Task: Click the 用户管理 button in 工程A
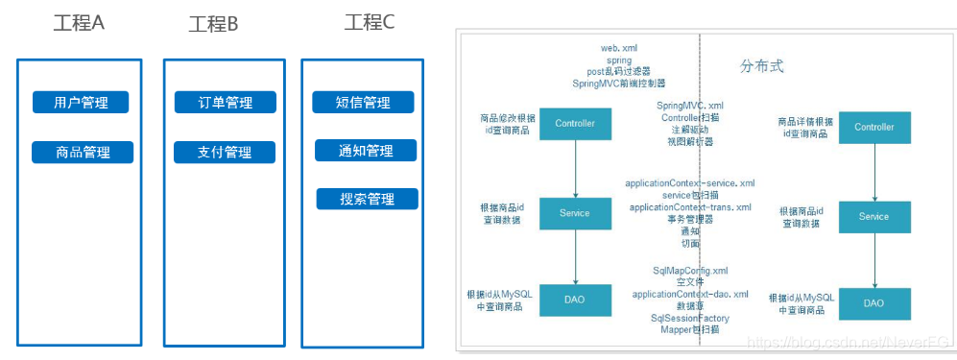coord(81,103)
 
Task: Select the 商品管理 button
coord(83,152)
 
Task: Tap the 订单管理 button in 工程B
coord(225,103)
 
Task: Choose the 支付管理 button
coord(225,152)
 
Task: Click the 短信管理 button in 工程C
coord(364,103)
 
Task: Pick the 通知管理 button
coord(367,151)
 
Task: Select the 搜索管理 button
coord(368,199)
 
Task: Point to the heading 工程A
coord(79,23)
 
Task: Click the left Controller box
coord(575,124)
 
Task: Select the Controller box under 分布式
coord(873,127)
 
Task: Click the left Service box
coord(575,213)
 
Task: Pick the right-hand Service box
coord(873,216)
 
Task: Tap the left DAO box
coord(575,300)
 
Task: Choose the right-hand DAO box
coord(873,303)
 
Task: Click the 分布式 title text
coord(762,67)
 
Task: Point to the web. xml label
coord(618,47)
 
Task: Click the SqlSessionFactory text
coord(690,318)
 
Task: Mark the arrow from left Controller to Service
coord(575,168)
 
